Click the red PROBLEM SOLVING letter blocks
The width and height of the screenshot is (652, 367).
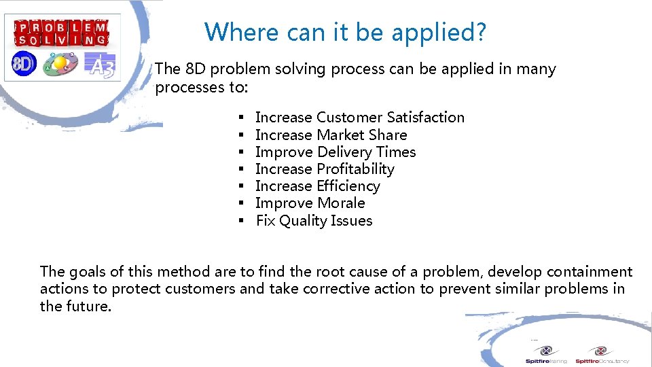pos(62,33)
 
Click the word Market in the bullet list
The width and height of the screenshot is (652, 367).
pos(340,135)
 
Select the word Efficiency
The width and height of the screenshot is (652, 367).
pos(348,186)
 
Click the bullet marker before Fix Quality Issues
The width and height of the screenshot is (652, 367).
pos(241,221)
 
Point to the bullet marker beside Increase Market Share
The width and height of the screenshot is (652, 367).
pos(241,135)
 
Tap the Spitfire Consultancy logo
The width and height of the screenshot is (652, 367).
pos(601,355)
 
